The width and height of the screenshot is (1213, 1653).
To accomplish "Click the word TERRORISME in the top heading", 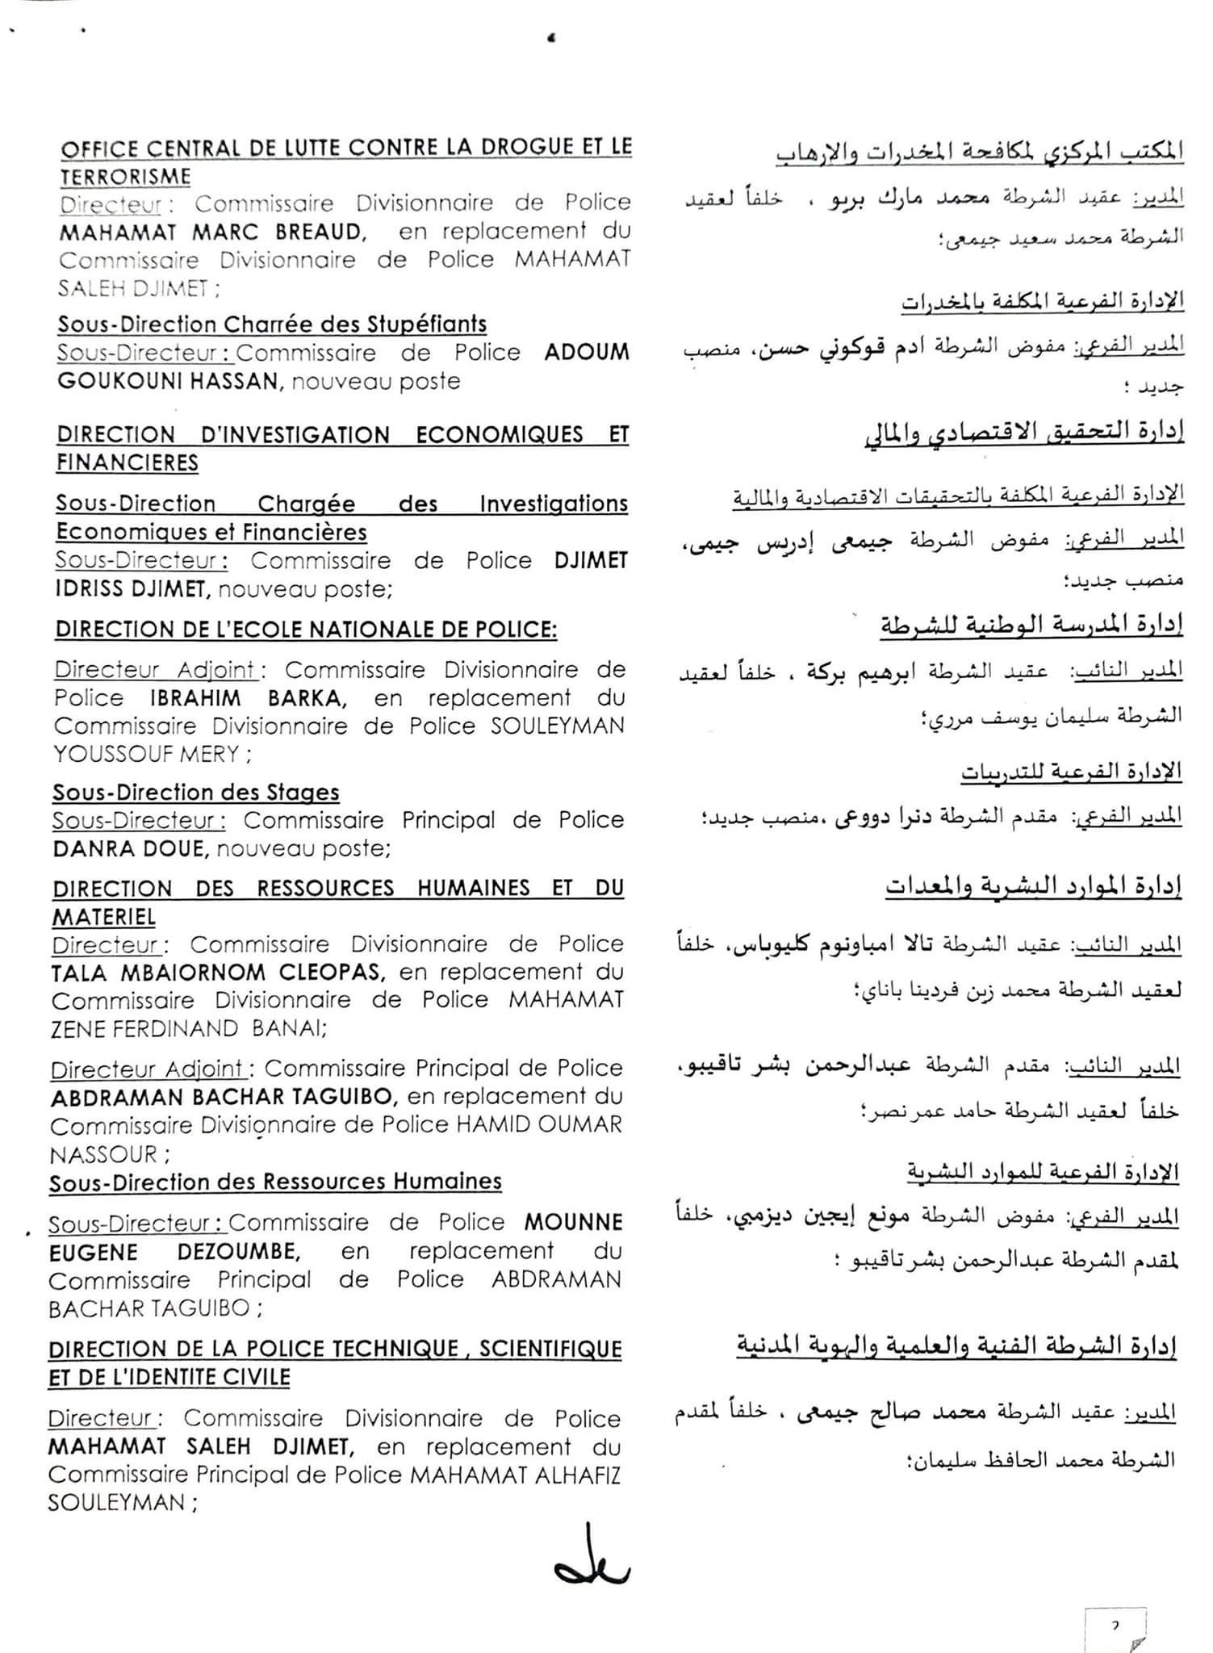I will coord(125,176).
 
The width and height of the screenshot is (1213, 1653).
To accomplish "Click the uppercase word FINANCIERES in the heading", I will coord(128,463).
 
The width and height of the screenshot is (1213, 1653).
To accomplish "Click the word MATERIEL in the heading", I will coord(104,918).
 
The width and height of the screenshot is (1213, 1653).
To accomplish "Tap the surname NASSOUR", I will coord(103,1155).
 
